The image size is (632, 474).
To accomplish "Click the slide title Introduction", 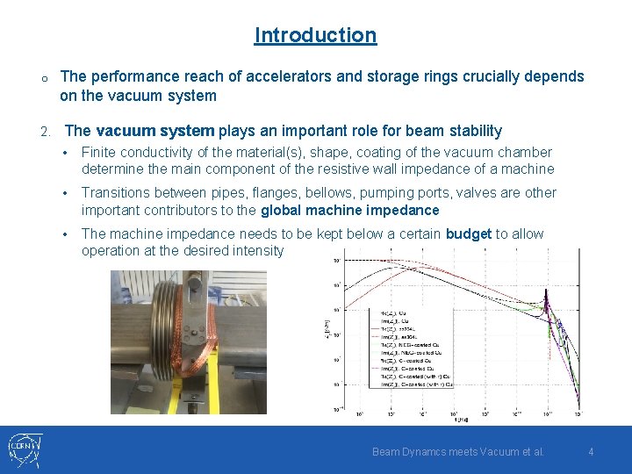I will click(x=315, y=35).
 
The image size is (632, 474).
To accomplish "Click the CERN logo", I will click(x=24, y=449).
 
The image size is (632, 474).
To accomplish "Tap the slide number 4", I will click(x=591, y=451).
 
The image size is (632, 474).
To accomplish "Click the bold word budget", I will click(x=469, y=233).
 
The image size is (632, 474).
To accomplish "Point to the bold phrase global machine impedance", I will click(x=349, y=210).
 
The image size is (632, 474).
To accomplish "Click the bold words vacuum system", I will click(x=154, y=131).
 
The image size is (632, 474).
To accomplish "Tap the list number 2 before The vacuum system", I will click(x=45, y=132).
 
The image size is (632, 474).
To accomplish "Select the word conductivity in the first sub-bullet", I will click(x=174, y=152).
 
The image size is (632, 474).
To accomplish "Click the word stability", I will click(x=473, y=131).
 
